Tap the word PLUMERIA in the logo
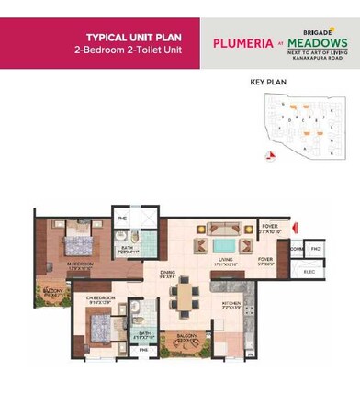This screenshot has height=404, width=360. (240, 42)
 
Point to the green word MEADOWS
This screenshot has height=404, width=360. (317, 42)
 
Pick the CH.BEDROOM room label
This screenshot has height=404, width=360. (100, 298)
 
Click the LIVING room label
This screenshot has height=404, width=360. (225, 260)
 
